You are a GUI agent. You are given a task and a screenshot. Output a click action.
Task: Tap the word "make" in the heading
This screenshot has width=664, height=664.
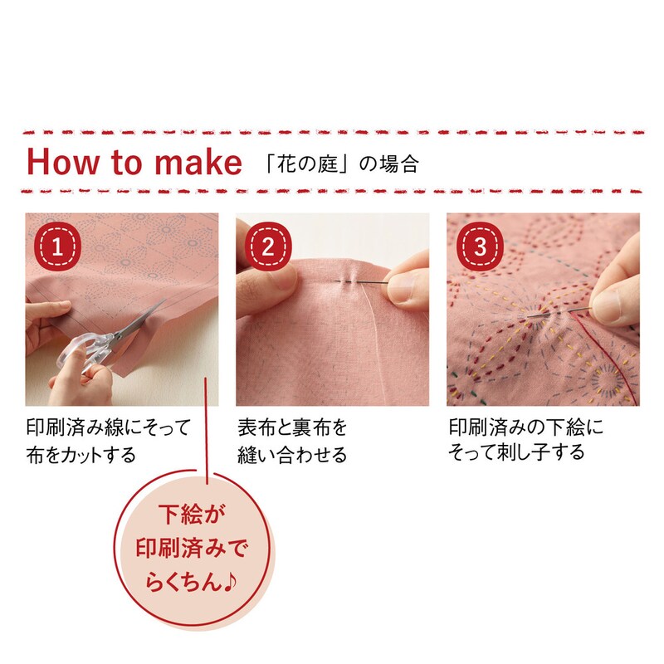pyautogui.click(x=198, y=162)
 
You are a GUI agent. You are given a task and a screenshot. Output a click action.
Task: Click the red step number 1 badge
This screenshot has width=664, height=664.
pyautogui.click(x=57, y=246)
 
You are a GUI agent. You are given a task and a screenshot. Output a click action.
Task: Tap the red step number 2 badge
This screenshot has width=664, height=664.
pyautogui.click(x=268, y=246)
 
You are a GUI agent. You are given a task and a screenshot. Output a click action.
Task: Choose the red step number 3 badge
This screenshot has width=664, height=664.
pyautogui.click(x=480, y=246)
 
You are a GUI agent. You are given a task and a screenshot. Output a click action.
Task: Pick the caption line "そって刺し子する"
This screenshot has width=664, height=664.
pyautogui.click(x=516, y=452)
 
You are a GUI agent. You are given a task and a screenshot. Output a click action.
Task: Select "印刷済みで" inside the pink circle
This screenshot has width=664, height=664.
pyautogui.click(x=192, y=548)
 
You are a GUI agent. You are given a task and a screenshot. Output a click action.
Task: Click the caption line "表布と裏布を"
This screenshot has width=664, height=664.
pyautogui.click(x=292, y=427)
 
